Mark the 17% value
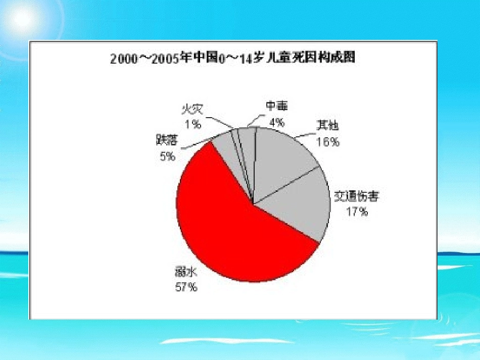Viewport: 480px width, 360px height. [357, 212]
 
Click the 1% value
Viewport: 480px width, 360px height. [193, 123]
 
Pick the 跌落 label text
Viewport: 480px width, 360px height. [167, 140]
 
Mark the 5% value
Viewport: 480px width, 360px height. [167, 157]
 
